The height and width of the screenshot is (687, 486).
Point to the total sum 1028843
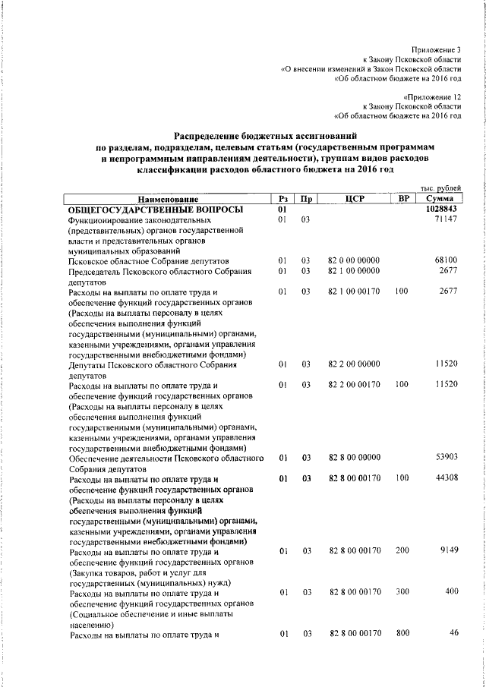pos(441,208)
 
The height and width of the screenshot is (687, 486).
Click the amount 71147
pos(446,219)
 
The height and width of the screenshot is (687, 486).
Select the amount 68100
pos(446,260)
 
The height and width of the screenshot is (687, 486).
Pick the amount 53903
pos(446,459)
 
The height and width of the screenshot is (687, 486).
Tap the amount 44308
pos(446,479)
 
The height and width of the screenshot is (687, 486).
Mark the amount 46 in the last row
pos(453,632)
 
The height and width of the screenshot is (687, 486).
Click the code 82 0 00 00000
pos(353,260)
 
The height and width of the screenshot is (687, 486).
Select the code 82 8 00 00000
pos(353,459)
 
